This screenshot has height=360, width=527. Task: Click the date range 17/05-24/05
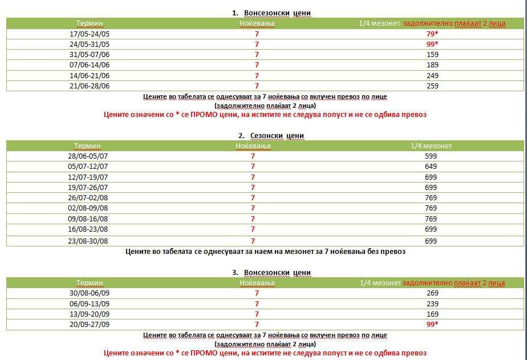point(89,34)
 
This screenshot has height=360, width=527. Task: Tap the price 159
point(432,55)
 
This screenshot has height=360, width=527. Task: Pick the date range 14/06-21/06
point(89,75)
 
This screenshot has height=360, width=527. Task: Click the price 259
point(432,86)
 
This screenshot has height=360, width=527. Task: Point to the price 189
point(432,65)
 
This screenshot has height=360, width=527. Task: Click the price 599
point(431,156)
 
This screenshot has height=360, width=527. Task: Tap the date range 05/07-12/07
point(88,167)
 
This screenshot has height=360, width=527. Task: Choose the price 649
point(431,167)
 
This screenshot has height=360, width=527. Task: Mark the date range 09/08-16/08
point(88,219)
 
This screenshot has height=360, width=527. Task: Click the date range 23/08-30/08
point(88,241)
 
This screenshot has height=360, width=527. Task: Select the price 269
point(432,293)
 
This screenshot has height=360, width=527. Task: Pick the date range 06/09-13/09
point(89,304)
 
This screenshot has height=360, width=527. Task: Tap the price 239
point(432,304)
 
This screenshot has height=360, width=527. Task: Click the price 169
point(432,314)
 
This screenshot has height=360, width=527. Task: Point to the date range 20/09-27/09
point(89,324)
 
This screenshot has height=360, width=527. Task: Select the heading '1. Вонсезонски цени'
point(271,13)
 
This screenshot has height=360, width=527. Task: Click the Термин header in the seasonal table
point(87,146)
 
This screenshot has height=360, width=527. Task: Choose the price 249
point(432,75)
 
